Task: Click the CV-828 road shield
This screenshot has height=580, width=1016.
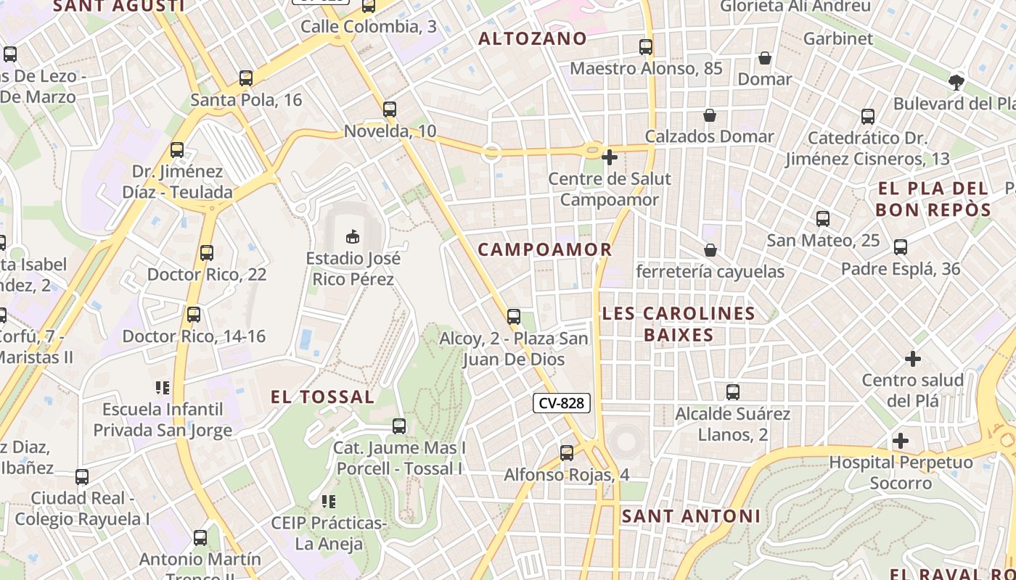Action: point(562,403)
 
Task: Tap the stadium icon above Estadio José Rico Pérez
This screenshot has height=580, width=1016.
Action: point(353,236)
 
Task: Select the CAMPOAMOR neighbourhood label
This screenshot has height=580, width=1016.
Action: point(545,250)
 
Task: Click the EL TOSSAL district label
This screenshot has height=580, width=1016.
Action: point(323,397)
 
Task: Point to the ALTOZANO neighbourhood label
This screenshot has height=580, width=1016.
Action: point(533,39)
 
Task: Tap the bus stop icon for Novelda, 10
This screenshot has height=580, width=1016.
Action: point(390,109)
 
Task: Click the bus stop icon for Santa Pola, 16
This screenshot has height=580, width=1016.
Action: point(246,78)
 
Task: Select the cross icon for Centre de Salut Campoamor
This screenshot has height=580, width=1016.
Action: point(610,157)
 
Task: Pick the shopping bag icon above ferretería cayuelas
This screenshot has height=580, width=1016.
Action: point(710,250)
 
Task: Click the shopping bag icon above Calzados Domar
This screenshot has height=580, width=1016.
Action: point(710,115)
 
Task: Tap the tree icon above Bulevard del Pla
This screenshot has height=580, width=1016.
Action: point(956,82)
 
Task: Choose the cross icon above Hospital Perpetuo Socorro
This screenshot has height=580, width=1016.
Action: point(901,441)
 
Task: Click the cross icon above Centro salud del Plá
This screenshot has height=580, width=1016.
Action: point(913,359)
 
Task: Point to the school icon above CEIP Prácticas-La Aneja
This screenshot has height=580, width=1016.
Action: point(328,502)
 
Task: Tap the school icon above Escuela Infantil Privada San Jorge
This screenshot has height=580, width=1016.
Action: point(163,388)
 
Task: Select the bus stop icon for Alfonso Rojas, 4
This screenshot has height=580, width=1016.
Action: point(567,453)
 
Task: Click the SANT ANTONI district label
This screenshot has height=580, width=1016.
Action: point(691,516)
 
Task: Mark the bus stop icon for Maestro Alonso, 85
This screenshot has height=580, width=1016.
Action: point(646,47)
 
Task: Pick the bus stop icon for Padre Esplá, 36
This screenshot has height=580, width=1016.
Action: point(901,247)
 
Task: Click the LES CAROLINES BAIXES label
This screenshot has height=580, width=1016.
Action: point(679,324)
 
